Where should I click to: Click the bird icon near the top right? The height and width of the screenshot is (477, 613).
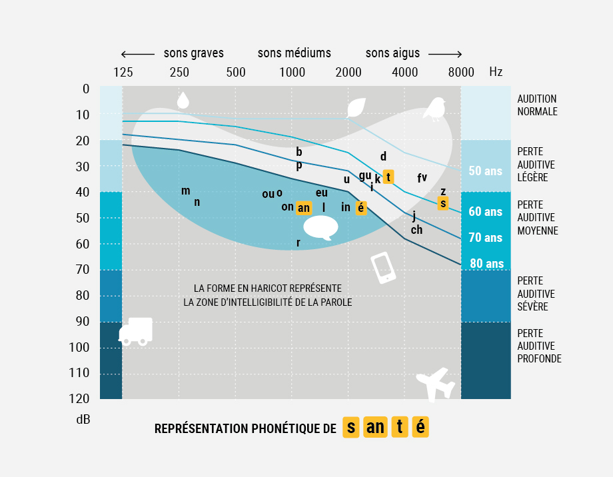[436, 109]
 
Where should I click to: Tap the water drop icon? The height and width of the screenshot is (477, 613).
[183, 100]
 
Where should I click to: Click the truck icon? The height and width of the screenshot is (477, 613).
[136, 331]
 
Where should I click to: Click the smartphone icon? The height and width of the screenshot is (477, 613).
[383, 268]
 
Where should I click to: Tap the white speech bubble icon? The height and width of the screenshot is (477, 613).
[320, 229]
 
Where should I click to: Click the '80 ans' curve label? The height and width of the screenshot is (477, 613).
[486, 263]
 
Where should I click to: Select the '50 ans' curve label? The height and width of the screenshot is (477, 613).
[485, 171]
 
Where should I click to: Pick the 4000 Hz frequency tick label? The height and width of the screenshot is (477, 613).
[404, 73]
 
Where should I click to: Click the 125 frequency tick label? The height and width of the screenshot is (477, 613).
[123, 73]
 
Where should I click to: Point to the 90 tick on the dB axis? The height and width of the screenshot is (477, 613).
[83, 321]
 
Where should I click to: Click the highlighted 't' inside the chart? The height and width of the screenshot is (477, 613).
[388, 177]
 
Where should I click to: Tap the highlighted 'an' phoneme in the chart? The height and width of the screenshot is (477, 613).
[303, 208]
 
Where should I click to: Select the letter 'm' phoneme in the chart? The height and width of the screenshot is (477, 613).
[185, 191]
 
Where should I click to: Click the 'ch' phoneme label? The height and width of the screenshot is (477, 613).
[416, 230]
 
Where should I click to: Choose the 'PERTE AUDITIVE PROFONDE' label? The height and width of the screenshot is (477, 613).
[539, 346]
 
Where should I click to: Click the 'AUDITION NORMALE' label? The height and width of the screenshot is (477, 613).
[537, 105]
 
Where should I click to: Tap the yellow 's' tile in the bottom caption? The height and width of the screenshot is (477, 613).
[352, 427]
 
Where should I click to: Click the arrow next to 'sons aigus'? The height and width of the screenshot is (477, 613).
[444, 54]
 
